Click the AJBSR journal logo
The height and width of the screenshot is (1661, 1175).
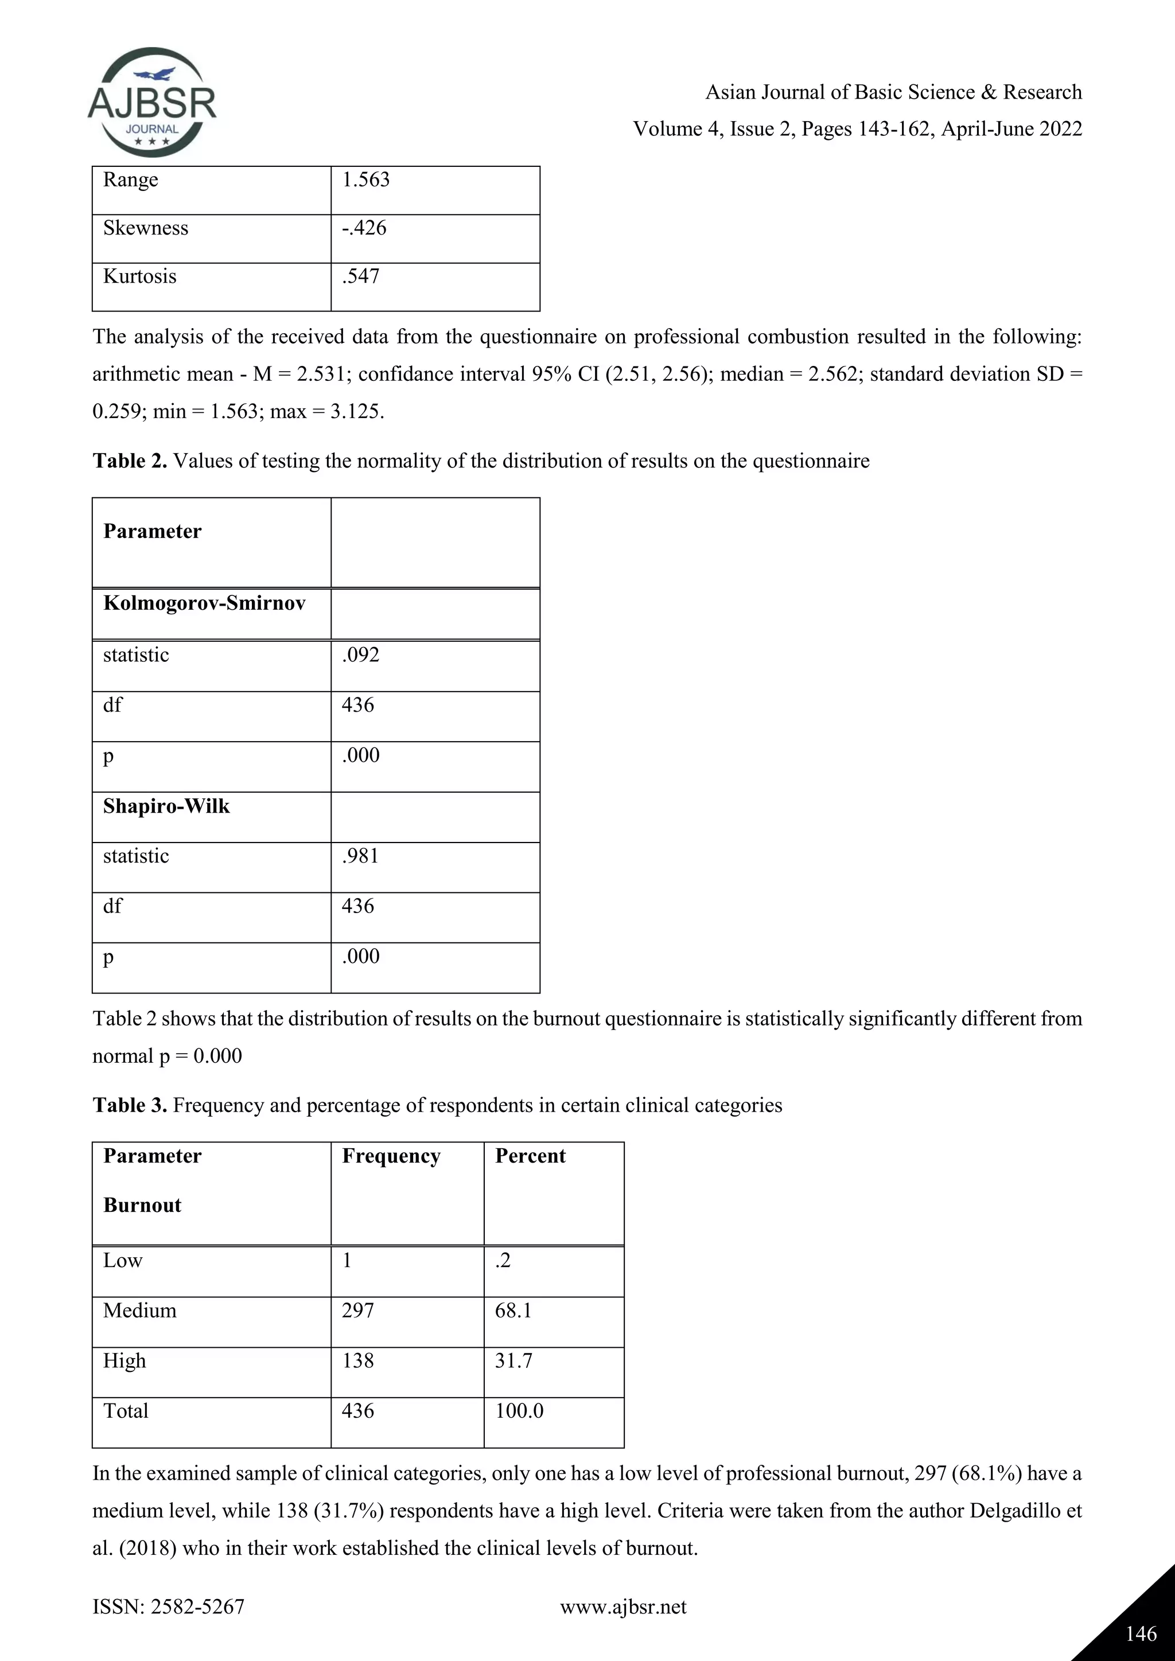tap(152, 103)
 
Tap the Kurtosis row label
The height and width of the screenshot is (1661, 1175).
tap(139, 276)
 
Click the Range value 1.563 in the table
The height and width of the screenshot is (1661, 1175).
tap(365, 180)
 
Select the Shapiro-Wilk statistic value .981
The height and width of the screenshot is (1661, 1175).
tap(360, 856)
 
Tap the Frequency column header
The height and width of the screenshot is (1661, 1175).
tap(391, 1156)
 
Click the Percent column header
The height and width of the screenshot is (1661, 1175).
tap(530, 1156)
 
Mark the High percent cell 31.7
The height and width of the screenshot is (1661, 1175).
tap(513, 1361)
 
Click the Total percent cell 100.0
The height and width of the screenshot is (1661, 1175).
tap(519, 1411)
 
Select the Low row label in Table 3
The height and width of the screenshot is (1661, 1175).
tap(123, 1260)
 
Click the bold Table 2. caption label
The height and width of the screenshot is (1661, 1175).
tap(130, 461)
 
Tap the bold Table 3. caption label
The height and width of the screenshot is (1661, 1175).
tap(130, 1105)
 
